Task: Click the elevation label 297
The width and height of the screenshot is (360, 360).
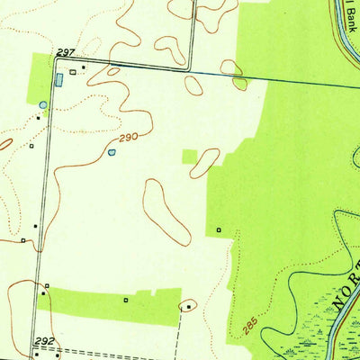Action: click(x=64, y=53)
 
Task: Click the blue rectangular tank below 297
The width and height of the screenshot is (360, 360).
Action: click(x=59, y=80)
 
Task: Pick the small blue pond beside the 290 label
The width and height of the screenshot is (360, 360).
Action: click(x=112, y=153)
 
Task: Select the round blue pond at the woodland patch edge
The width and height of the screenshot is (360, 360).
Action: click(x=42, y=105)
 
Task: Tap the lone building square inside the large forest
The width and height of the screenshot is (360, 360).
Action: click(x=219, y=230)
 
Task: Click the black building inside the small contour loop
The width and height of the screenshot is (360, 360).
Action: click(x=188, y=307)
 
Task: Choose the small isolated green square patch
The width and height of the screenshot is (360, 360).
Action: click(x=189, y=157)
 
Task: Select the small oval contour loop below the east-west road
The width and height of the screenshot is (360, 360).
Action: click(x=193, y=85)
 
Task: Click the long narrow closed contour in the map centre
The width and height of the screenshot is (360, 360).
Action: click(x=166, y=212)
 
